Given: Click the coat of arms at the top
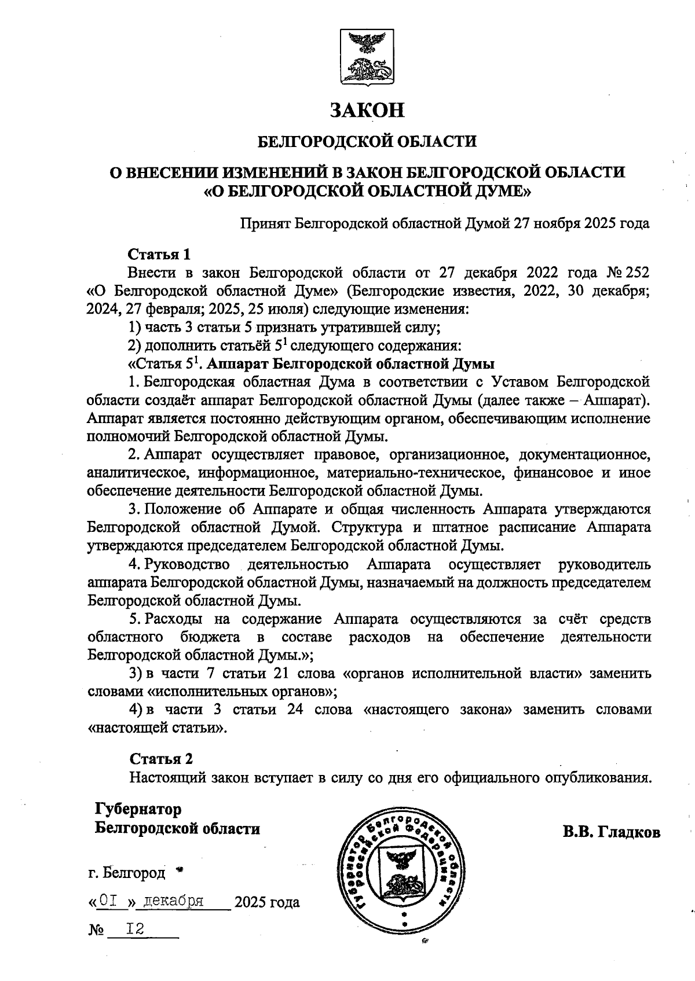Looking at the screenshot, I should [366, 57].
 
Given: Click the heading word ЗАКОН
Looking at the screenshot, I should [367, 110].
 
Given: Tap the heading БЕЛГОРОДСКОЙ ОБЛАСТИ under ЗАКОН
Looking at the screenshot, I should [367, 141].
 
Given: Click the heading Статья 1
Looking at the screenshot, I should [159, 254].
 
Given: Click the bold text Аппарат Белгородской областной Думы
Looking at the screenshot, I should [350, 364].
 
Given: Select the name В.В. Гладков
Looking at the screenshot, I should [611, 832].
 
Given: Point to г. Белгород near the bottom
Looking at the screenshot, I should [127, 872].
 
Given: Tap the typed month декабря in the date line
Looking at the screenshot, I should [173, 901].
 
